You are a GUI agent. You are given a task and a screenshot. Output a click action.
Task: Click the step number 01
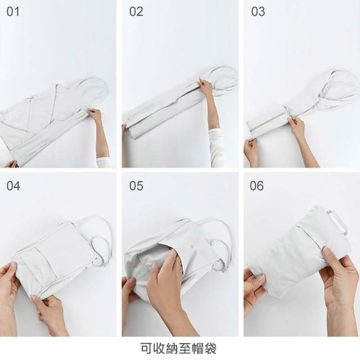coord(13,11)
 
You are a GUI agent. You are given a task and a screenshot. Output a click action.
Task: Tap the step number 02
coord(136,11)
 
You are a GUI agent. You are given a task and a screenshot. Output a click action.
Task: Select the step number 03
coord(258,11)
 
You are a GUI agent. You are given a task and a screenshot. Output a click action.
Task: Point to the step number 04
coord(13,186)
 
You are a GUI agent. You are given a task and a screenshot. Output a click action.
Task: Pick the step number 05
coord(136,186)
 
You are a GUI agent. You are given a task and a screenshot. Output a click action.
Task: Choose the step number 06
coord(256,186)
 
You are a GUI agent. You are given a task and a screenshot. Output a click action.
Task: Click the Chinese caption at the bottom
coord(178,348)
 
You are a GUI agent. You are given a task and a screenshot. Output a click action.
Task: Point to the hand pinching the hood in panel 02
coord(206,87)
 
